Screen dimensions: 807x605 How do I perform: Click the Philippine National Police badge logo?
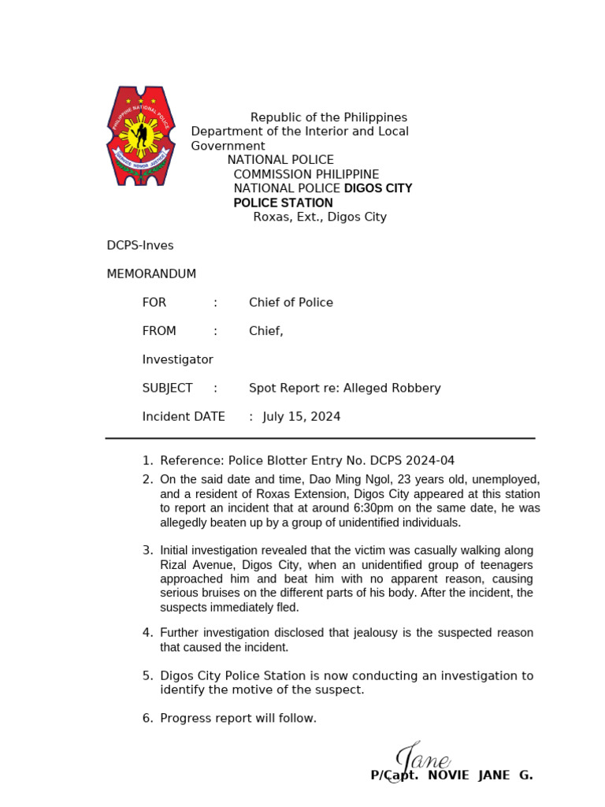point(141,136)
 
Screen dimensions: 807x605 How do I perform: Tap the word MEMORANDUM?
point(151,274)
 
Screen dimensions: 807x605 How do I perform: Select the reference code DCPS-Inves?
point(140,246)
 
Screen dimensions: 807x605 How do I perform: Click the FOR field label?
point(154,303)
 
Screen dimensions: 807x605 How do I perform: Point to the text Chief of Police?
point(291,303)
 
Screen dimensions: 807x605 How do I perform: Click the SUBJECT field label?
point(167,388)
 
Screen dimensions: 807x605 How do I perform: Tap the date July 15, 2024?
point(302,416)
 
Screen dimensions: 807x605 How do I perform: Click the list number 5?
point(147,675)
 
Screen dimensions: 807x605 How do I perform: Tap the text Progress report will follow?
point(238,718)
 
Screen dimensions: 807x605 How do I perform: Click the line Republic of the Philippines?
point(328,117)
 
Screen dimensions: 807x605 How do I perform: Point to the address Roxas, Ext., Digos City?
point(320,217)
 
